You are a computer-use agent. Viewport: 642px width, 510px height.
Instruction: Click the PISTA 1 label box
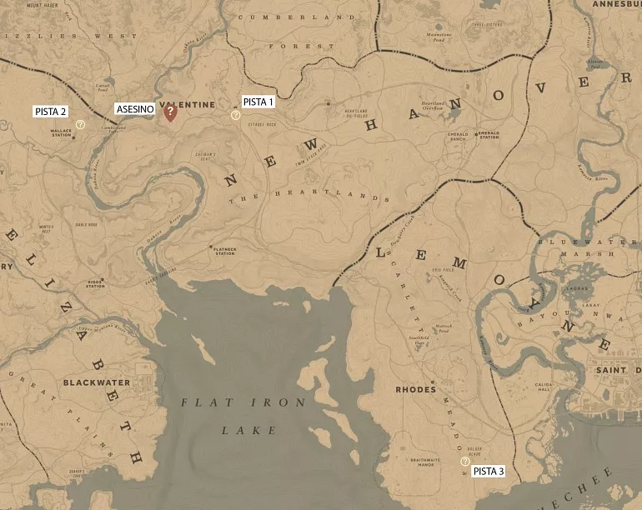tap(258, 102)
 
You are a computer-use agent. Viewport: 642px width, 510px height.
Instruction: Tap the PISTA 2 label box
tap(51, 111)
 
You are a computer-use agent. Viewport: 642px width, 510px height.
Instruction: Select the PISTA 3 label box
tap(489, 472)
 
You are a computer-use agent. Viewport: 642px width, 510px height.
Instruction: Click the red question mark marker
tap(170, 111)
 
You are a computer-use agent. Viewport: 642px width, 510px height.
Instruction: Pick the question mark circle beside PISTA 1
tap(236, 115)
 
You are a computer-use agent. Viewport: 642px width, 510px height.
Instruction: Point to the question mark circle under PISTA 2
tap(80, 124)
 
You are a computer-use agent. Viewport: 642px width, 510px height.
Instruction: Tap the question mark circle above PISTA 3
tap(465, 461)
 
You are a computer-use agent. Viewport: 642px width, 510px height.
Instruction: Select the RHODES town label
tap(416, 389)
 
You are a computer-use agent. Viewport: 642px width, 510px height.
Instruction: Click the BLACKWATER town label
tap(96, 383)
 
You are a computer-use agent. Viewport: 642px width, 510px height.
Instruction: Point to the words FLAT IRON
tap(243, 402)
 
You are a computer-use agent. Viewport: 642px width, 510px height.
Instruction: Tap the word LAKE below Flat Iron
tap(248, 431)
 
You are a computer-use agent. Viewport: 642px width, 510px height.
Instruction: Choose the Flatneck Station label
tap(224, 251)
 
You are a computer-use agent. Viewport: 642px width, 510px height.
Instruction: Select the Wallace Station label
tap(61, 132)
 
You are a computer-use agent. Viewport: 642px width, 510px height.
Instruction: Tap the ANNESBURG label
tap(616, 4)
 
